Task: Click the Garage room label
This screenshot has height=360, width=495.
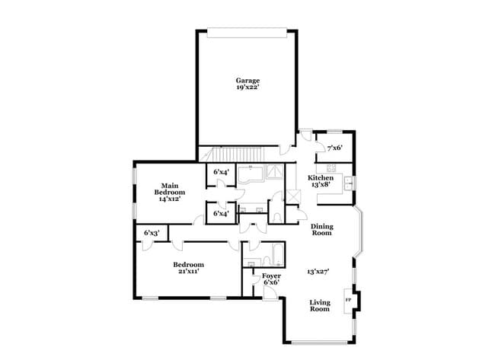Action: (x=247, y=81)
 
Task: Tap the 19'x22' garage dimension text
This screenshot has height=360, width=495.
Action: (x=247, y=87)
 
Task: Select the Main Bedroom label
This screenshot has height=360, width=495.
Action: (x=170, y=189)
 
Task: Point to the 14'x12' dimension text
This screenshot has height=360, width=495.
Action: (x=170, y=199)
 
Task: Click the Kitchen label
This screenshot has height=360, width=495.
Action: (x=321, y=178)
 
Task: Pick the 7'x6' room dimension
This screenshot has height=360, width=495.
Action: (x=334, y=148)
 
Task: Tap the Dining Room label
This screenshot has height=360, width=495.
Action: (x=321, y=230)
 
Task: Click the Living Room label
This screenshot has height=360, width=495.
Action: (x=320, y=306)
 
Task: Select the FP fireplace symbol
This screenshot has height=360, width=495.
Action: (x=348, y=300)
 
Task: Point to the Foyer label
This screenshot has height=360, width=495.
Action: (x=271, y=276)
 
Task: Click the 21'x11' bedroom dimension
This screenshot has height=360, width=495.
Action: (x=188, y=271)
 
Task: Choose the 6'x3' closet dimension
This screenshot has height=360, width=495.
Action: (x=152, y=233)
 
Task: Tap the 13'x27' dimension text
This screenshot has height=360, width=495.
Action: (x=318, y=271)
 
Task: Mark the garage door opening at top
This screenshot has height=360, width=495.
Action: (x=247, y=33)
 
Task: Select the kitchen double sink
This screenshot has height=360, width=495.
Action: (x=348, y=183)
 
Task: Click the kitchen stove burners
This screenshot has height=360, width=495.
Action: (x=331, y=167)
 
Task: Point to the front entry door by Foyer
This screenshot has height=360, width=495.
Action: (x=270, y=294)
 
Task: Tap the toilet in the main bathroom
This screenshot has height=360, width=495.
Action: (x=277, y=218)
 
